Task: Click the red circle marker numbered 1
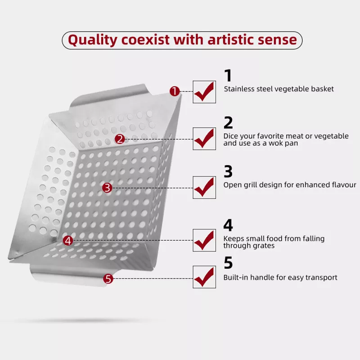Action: point(175,91)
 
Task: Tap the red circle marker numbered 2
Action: point(120,139)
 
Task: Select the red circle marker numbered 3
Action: point(107,188)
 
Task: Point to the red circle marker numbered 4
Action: point(68,241)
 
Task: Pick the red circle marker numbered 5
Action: point(108,279)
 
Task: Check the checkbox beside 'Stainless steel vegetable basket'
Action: point(204,92)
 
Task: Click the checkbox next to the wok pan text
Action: point(204,139)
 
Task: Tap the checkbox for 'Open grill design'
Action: point(204,188)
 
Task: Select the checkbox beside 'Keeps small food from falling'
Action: point(204,240)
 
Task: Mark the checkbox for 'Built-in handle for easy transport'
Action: point(204,277)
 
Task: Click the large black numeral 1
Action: point(228,76)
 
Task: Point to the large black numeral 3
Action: point(228,171)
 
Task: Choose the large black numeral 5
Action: point(228,263)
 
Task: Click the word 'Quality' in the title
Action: point(93,40)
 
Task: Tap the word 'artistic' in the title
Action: point(231,40)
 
